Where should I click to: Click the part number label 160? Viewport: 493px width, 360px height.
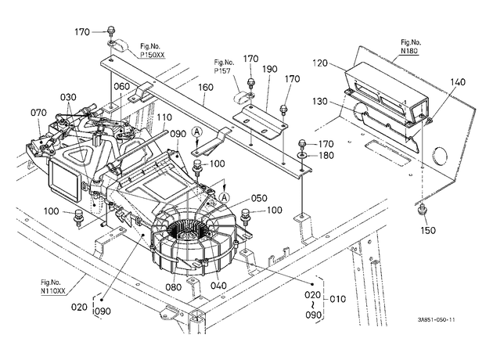pyautogui.click(x=206, y=87)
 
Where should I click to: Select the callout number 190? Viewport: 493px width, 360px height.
pyautogui.click(x=270, y=69)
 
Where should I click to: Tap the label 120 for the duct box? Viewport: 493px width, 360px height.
pyautogui.click(x=320, y=63)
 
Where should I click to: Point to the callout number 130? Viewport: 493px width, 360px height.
pyautogui.click(x=320, y=102)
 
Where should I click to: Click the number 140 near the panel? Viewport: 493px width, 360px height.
pyautogui.click(x=458, y=82)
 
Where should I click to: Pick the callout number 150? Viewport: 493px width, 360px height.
pyautogui.click(x=428, y=230)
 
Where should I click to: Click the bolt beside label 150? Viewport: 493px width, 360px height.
pyautogui.click(x=422, y=209)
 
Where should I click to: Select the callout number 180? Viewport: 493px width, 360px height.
pyautogui.click(x=326, y=155)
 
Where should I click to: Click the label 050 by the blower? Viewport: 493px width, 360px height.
pyautogui.click(x=259, y=198)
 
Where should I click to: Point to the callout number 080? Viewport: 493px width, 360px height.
pyautogui.click(x=174, y=287)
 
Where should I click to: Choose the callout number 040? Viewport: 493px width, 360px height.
pyautogui.click(x=218, y=286)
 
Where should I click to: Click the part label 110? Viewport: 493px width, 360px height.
pyautogui.click(x=164, y=117)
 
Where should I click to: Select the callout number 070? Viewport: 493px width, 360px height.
pyautogui.click(x=38, y=112)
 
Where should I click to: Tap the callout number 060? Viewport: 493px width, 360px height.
pyautogui.click(x=121, y=86)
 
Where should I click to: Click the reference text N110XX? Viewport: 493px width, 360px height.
pyautogui.click(x=53, y=291)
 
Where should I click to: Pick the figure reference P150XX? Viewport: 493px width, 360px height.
pyautogui.click(x=152, y=55)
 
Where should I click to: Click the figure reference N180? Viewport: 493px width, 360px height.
pyautogui.click(x=410, y=51)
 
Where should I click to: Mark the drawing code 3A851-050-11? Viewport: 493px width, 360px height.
pyautogui.click(x=437, y=320)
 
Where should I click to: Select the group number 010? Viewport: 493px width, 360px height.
pyautogui.click(x=338, y=299)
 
